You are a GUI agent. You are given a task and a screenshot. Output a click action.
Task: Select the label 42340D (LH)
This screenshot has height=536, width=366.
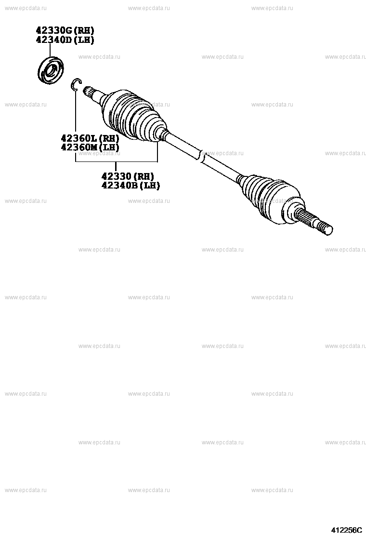click(65, 40)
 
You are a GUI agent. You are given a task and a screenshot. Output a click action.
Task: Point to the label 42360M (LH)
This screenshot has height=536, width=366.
click(90, 147)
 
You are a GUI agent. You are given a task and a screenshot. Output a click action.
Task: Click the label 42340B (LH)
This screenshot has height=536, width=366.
click(130, 185)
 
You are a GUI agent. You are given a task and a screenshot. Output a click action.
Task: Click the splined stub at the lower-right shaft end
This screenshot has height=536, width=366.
click(315, 223)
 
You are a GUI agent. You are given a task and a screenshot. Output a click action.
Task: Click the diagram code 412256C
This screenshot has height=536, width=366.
click(346, 530)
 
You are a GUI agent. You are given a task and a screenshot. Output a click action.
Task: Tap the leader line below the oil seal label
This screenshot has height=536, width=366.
click(50, 50)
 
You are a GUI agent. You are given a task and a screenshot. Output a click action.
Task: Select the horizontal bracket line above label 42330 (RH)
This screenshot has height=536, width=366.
click(116, 162)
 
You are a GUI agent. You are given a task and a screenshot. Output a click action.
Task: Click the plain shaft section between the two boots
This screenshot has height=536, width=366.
click(222, 167)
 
